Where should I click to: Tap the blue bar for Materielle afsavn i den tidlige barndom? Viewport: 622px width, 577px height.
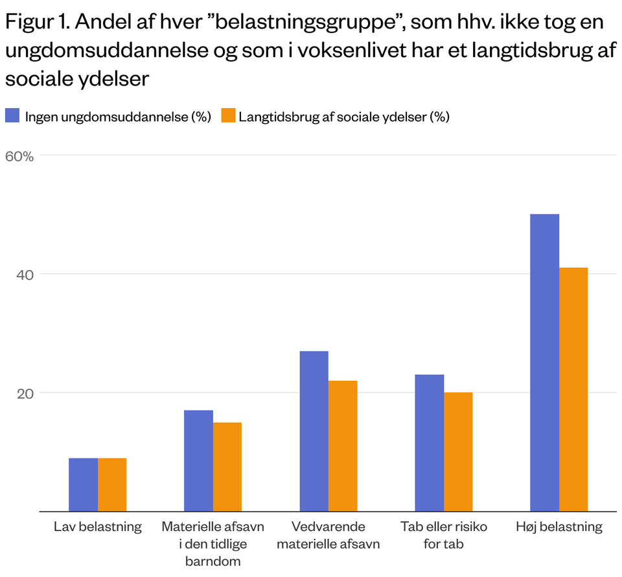[198, 460]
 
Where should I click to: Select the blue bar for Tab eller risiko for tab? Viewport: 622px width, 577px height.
[429, 443]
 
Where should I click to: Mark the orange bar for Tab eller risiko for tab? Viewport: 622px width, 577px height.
[458, 451]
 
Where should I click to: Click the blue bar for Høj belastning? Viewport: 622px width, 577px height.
[544, 363]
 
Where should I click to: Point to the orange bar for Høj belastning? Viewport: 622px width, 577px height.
[573, 389]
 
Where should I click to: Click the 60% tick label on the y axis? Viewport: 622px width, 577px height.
[19, 156]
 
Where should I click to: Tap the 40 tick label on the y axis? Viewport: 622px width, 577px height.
[24, 275]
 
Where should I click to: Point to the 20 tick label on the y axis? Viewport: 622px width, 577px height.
[24, 393]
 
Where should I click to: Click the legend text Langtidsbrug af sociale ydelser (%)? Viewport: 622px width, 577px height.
[344, 117]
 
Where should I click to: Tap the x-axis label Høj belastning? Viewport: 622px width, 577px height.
[559, 526]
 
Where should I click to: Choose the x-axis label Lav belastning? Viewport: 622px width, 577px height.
[97, 526]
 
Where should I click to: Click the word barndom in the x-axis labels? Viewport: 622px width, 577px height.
[213, 561]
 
